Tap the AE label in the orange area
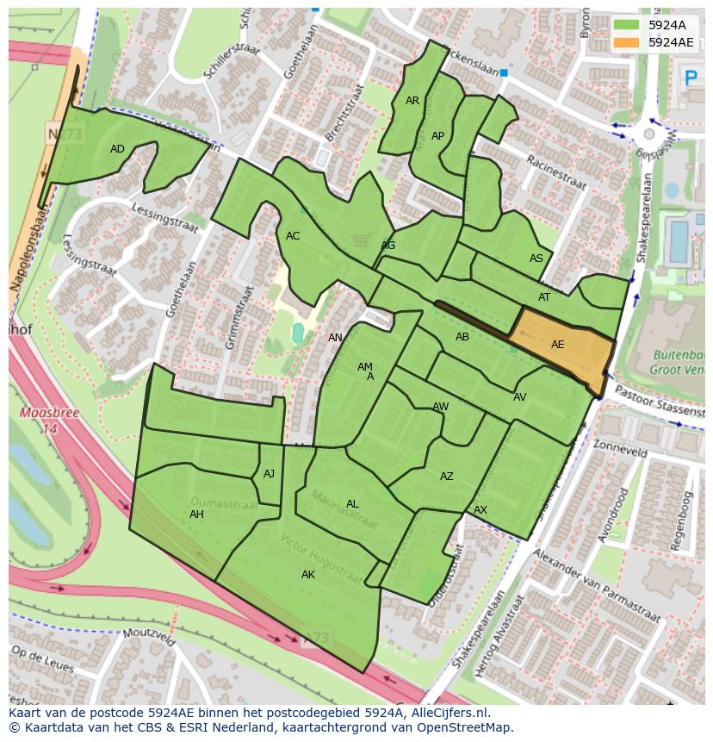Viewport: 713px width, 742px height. point(557,345)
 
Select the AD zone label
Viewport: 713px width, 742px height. point(118,149)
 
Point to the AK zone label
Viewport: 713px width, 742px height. point(308,575)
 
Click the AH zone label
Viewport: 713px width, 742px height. point(196,514)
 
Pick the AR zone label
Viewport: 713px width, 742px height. point(412,101)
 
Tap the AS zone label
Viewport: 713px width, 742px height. point(536,259)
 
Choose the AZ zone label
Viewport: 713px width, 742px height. point(446,477)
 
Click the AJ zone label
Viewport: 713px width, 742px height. point(270,474)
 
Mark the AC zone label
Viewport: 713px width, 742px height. point(293,236)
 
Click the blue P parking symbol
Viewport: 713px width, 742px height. point(690,78)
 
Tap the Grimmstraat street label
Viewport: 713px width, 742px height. point(240,317)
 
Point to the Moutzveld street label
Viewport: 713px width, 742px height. point(148,638)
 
